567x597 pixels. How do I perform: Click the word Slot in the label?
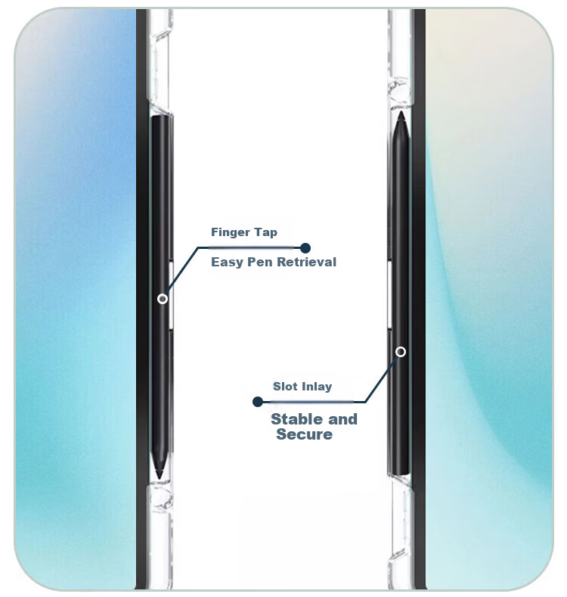point(285,387)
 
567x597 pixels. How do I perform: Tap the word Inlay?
point(317,387)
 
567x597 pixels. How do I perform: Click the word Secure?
point(305,434)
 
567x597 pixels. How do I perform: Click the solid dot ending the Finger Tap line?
point(305,248)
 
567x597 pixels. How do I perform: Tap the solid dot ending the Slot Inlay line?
point(258,402)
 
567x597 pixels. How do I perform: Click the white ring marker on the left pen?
point(163,299)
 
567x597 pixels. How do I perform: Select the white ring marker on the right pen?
point(401,352)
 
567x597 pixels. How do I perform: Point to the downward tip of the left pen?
point(160,478)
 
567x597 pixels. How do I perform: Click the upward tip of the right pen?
point(401,112)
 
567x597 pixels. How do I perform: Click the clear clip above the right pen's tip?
point(400,92)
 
